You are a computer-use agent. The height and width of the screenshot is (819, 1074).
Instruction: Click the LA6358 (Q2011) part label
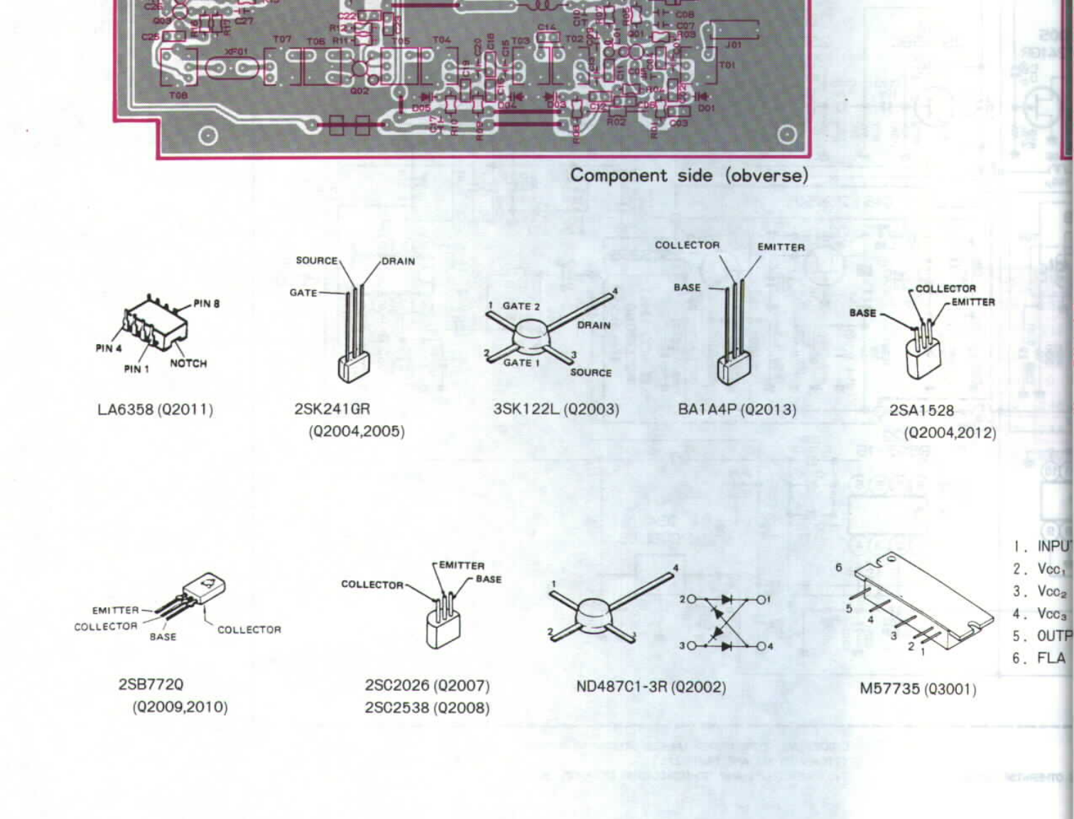point(155,409)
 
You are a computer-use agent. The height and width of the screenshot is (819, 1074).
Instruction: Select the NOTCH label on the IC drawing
point(188,363)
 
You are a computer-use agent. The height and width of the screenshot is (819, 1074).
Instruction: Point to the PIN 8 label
point(207,304)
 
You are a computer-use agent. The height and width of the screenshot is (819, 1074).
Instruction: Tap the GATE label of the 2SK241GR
point(303,293)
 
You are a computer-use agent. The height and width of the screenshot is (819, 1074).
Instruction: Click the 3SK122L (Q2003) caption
point(556,409)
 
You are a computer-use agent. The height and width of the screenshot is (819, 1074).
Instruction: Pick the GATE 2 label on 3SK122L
point(521,306)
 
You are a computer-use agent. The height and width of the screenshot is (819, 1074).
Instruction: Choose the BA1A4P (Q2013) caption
point(737,409)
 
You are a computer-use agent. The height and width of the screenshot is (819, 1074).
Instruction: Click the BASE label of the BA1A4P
point(687,288)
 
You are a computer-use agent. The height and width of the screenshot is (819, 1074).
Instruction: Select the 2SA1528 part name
point(921,410)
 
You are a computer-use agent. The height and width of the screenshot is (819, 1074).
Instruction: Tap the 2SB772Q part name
point(151,685)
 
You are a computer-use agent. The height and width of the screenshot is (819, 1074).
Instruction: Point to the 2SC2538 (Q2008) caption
point(427,708)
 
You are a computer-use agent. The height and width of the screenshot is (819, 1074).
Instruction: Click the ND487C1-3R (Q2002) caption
point(651,687)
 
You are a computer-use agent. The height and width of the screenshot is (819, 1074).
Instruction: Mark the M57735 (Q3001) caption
point(918,689)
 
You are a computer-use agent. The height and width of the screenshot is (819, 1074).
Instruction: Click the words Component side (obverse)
point(689,176)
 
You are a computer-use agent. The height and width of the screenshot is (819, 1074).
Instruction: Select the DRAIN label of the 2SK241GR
point(398,262)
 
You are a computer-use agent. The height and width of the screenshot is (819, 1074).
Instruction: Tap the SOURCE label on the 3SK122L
point(590,373)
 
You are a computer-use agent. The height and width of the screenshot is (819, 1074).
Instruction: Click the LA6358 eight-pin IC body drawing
point(155,323)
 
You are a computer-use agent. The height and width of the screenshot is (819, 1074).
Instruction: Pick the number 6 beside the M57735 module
point(839,567)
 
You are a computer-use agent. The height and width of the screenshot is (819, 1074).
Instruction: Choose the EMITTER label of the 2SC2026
point(462,565)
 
